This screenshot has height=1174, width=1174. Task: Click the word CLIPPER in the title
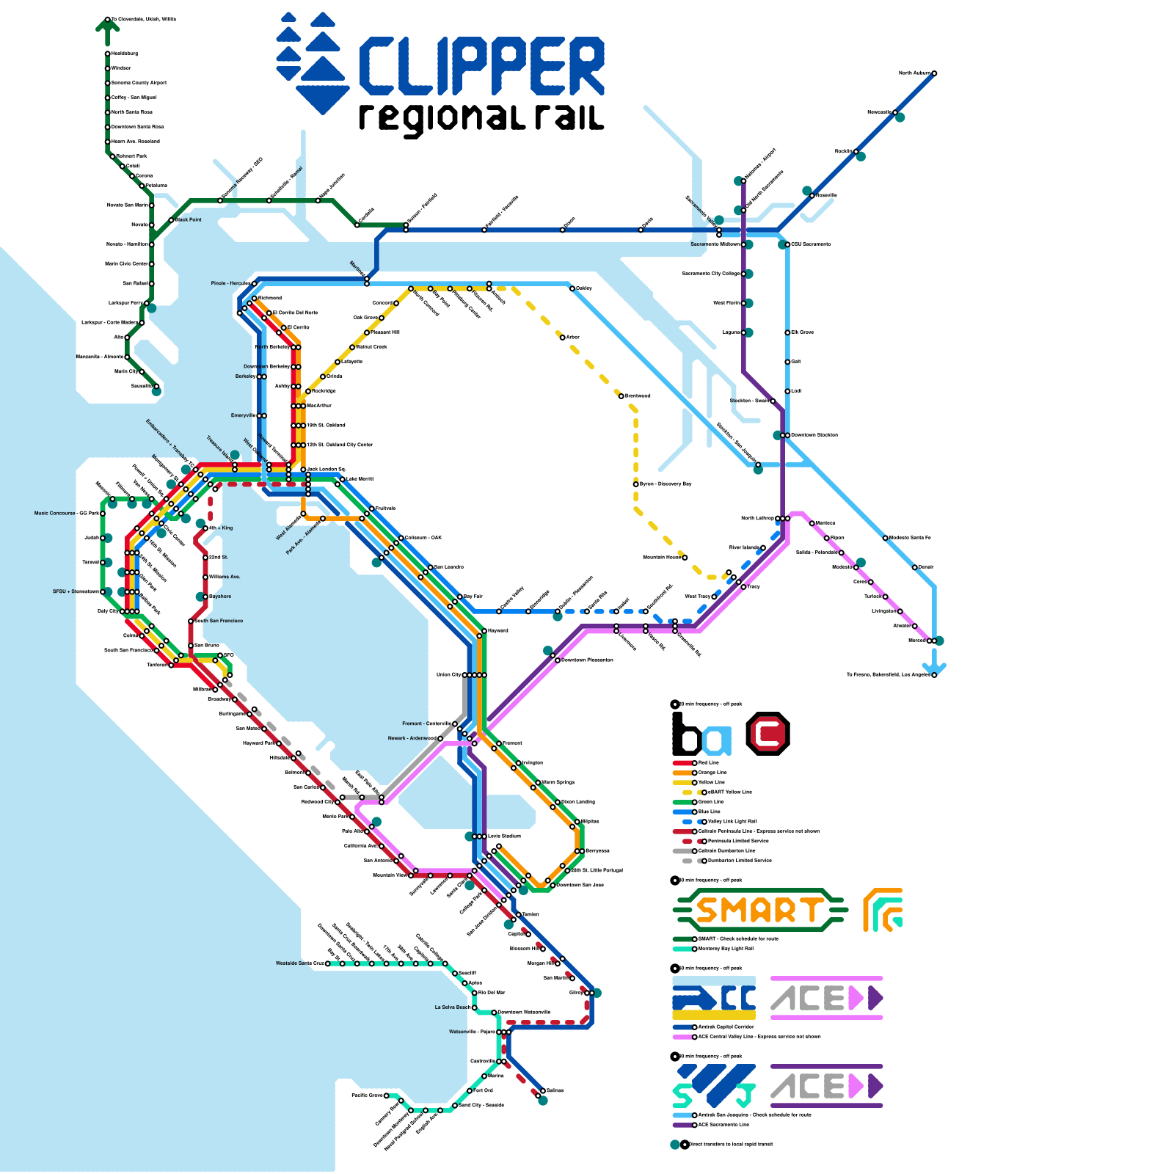pos(481,67)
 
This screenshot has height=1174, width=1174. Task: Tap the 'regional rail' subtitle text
pos(481,118)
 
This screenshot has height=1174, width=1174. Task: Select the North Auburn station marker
pos(934,73)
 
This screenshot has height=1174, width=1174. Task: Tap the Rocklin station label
pos(843,152)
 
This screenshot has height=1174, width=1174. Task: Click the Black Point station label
pos(189,219)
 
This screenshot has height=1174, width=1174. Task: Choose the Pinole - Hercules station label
pos(230,283)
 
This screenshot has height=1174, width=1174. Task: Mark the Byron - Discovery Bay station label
pos(666,484)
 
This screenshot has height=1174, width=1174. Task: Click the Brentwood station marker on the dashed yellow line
pos(621,396)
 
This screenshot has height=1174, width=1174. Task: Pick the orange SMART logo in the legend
pos(760,911)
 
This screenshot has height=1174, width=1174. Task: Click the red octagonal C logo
pos(768,733)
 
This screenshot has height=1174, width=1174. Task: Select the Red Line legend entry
pos(709,763)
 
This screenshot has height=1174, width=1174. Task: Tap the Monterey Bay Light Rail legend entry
pos(726,949)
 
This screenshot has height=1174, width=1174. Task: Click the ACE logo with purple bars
pos(827,1086)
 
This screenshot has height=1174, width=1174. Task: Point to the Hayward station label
pos(497,630)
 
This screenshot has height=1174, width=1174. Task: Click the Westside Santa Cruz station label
pos(299,963)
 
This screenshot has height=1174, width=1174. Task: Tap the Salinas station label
pos(555,1090)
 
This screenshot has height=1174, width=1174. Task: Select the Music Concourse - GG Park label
pos(66,514)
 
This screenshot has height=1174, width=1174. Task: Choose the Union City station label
pos(449,674)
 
